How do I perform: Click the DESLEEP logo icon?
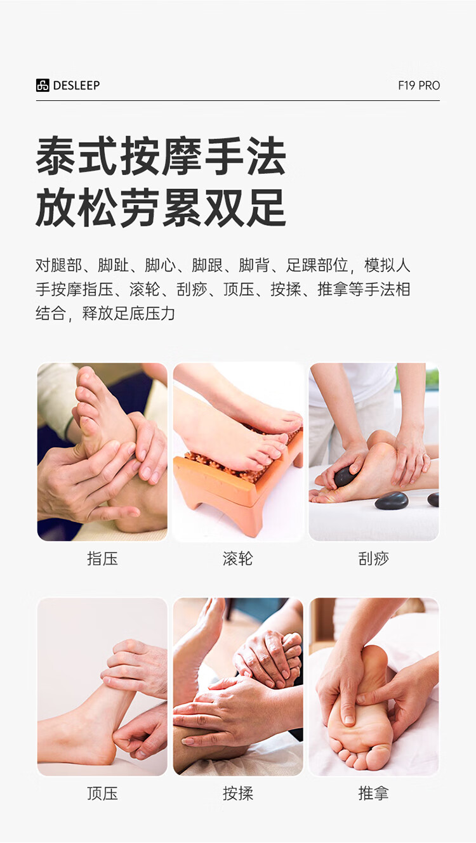tap(43, 86)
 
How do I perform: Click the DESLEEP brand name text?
tap(76, 86)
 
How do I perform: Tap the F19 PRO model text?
tap(419, 86)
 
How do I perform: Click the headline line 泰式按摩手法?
tap(161, 156)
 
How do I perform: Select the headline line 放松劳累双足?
tap(161, 208)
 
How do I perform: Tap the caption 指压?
tap(102, 558)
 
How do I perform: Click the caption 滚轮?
tap(237, 558)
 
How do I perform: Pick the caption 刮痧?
tap(374, 558)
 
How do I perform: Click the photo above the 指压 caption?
tap(102, 452)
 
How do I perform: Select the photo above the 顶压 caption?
tap(102, 687)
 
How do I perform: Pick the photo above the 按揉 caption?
tap(238, 687)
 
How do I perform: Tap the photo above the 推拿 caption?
tap(374, 687)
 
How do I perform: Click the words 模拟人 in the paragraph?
tap(387, 265)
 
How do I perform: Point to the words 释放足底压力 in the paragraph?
tap(129, 313)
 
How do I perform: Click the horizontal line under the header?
tap(238, 100)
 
